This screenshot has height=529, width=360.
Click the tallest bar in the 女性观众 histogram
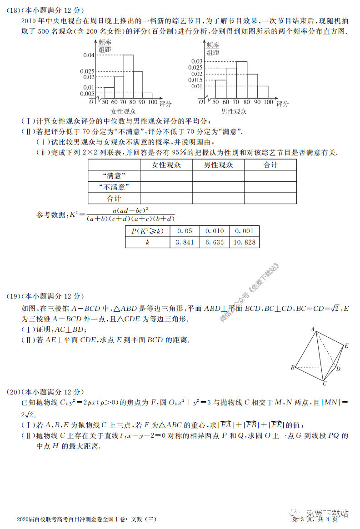(128, 76)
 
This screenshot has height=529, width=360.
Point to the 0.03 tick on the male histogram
(196, 61)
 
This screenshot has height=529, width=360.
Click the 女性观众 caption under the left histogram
(123, 111)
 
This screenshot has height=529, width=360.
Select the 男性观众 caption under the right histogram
(234, 111)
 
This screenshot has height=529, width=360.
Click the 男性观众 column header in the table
(218, 165)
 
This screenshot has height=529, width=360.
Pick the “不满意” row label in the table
(114, 187)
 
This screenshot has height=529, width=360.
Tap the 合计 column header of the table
(270, 165)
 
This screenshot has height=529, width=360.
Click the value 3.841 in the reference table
(185, 242)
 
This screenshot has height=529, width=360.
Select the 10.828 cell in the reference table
(244, 242)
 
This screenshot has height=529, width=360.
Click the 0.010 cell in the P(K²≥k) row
(215, 231)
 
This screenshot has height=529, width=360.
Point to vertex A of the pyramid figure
(313, 329)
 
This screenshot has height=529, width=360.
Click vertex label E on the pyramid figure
(346, 346)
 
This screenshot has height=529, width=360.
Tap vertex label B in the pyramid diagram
(292, 367)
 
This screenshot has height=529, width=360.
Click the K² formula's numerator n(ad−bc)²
(130, 210)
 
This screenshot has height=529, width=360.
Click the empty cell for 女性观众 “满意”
(166, 176)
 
